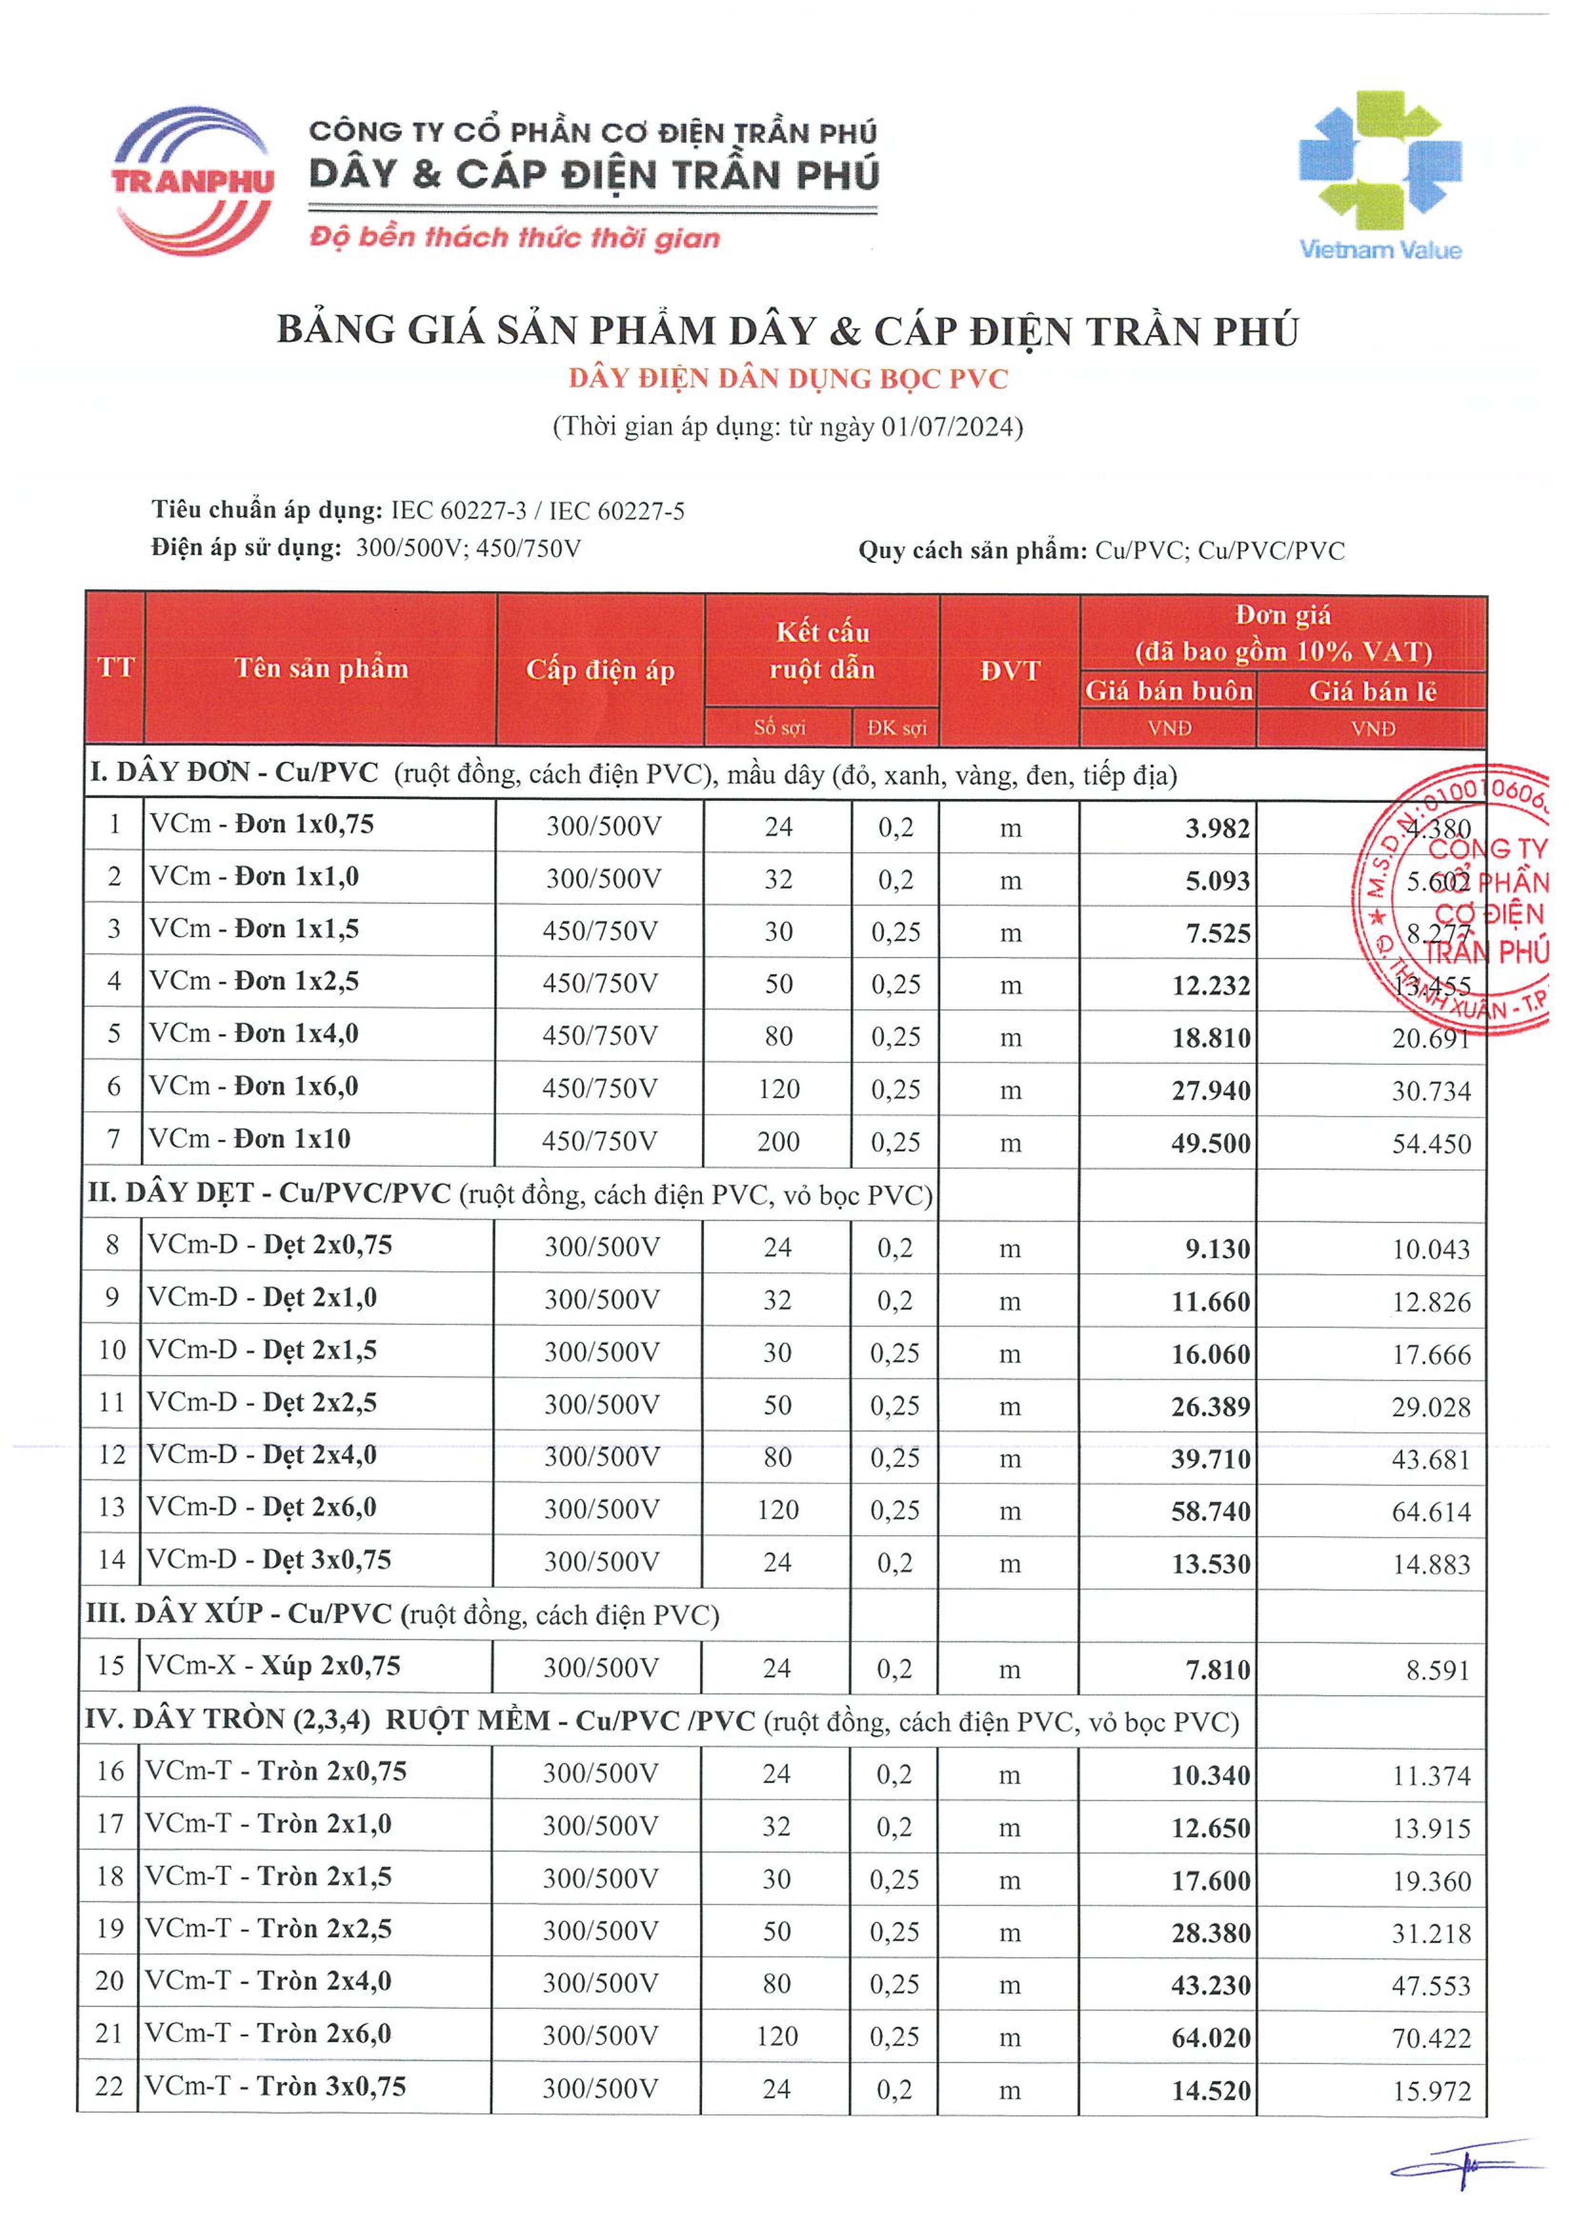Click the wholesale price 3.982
coord(1217,829)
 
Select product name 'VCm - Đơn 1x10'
coord(251,1139)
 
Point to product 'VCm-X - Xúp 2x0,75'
coord(274,1666)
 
